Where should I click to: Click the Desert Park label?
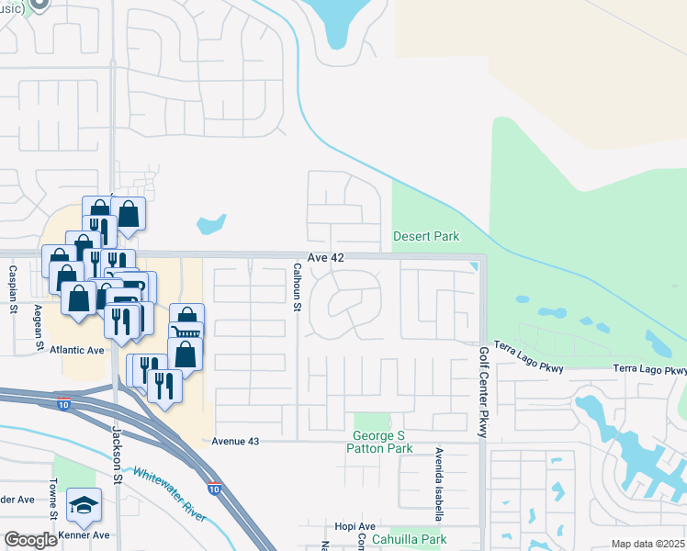pos(426,236)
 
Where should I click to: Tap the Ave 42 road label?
pos(326,258)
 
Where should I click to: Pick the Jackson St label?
pos(117,452)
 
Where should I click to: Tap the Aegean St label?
pos(39,327)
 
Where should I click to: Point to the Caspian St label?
pos(14,287)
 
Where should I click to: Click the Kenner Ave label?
pos(84,534)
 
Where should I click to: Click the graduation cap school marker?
pos(84,505)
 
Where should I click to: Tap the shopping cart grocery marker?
pos(186,321)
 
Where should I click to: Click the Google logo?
pos(30,540)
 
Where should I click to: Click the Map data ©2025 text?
pos(647,544)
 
